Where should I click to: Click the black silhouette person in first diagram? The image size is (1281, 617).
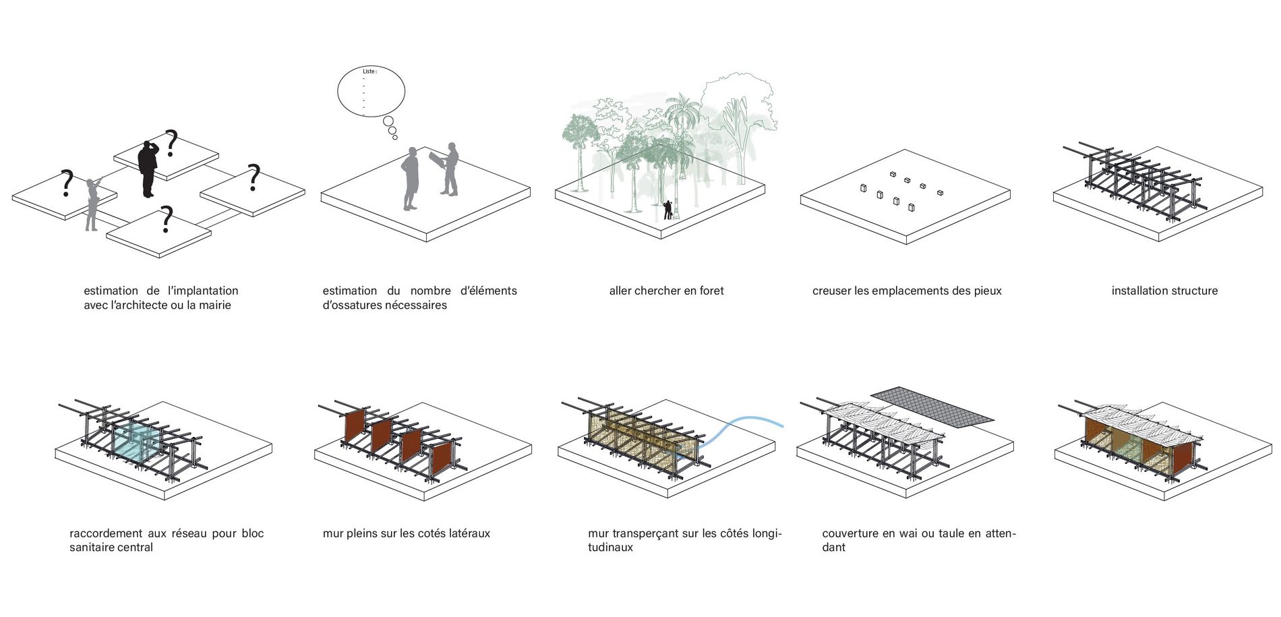(148, 169)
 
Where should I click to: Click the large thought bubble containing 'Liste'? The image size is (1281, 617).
(371, 92)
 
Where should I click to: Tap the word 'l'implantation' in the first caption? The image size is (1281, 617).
(203, 291)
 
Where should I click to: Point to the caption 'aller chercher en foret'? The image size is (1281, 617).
(666, 291)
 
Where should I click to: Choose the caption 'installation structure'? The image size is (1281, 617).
(1164, 291)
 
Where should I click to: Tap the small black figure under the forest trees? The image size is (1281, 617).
(667, 210)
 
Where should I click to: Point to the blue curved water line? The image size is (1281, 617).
(742, 421)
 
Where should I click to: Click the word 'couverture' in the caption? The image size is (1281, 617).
(850, 533)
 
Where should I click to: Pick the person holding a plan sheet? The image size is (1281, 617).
(449, 169)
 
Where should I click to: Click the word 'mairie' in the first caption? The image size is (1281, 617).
(214, 305)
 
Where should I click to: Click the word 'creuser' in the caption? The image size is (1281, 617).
(831, 291)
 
